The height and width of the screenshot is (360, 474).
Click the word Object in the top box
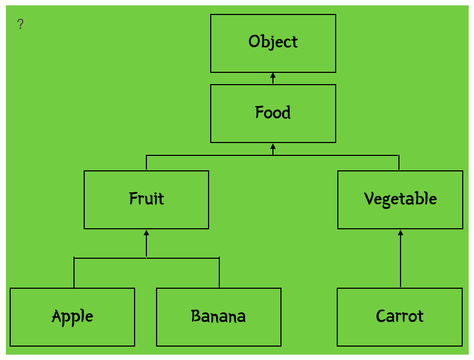[x=273, y=42]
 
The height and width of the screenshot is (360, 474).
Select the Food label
[x=273, y=112]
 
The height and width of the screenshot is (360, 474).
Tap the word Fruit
[x=146, y=198]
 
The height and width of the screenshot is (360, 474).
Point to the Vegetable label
[x=400, y=199]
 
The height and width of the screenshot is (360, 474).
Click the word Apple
[x=72, y=317]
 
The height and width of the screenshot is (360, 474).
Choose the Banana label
[x=218, y=316]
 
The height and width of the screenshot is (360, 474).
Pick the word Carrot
[x=399, y=316]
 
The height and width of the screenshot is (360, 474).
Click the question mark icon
[x=20, y=24]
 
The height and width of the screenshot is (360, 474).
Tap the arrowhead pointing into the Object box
[x=273, y=75]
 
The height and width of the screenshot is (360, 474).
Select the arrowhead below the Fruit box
[x=146, y=232]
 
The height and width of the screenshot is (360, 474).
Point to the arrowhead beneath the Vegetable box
[x=401, y=232]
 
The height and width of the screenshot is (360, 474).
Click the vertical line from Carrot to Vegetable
[x=401, y=259]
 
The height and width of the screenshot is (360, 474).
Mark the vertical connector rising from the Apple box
[x=74, y=273]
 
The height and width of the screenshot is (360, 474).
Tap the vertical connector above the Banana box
[x=219, y=273]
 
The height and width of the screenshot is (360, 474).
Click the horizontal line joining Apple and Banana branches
[x=146, y=258]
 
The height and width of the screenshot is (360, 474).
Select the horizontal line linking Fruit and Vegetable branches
[x=272, y=155]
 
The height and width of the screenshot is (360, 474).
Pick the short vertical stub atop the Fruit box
[x=146, y=163]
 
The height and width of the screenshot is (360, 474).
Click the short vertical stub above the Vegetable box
[x=399, y=163]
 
